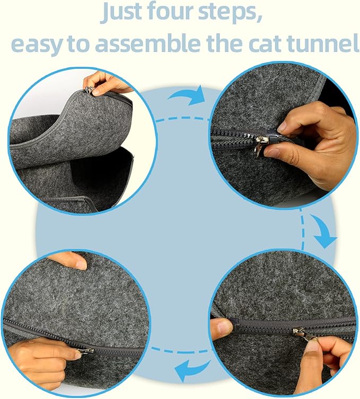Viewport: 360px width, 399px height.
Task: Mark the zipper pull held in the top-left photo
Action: coord(90,89)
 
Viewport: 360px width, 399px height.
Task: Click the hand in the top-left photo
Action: coord(109,82)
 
